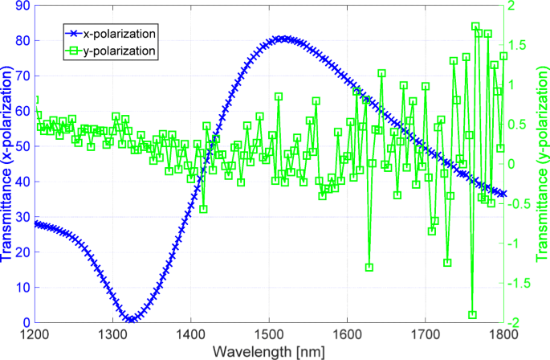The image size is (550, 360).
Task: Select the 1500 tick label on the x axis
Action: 268,333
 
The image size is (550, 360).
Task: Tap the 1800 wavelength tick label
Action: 503,333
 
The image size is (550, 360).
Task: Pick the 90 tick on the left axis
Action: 22,6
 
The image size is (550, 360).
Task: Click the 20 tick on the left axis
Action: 22,252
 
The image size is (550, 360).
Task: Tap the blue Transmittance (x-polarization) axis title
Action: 7,164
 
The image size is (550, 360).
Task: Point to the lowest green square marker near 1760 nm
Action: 472,315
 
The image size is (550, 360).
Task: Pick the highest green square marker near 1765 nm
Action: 475,27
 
